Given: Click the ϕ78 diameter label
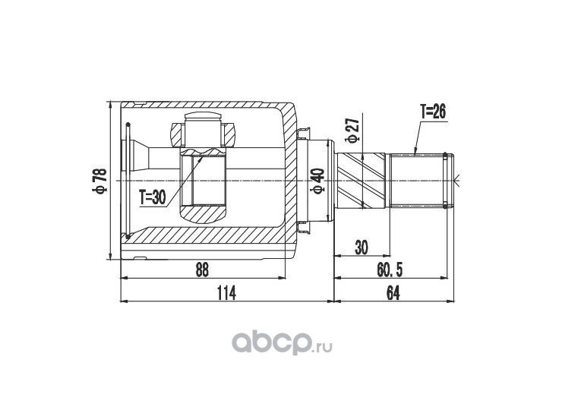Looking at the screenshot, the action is pos(100,181).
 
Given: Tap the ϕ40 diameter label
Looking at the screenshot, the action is pos(318,181).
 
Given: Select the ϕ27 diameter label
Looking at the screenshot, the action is pos(352,130).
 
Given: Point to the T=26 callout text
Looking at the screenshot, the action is pos(433,112).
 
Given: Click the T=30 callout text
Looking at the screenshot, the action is pos(153,198).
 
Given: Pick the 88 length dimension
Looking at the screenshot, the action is pos(202,270).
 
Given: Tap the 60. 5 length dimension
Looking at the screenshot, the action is pos(390,270).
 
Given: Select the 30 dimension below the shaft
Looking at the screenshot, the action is pos(362,248).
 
